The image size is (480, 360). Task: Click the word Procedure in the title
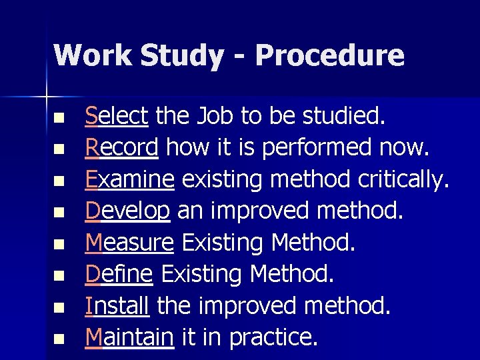pyautogui.click(x=329, y=55)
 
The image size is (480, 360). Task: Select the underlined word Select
pyautogui.click(x=117, y=117)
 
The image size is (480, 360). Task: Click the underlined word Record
pyautogui.click(x=122, y=148)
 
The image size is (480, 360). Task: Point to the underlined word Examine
pyautogui.click(x=130, y=179)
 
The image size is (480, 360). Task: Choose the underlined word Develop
pyautogui.click(x=127, y=211)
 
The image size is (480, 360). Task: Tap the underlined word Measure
pyautogui.click(x=130, y=243)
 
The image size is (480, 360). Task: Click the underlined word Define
pyautogui.click(x=120, y=274)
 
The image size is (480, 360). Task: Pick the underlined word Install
pyautogui.click(x=117, y=305)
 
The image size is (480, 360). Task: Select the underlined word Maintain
pyautogui.click(x=129, y=337)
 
